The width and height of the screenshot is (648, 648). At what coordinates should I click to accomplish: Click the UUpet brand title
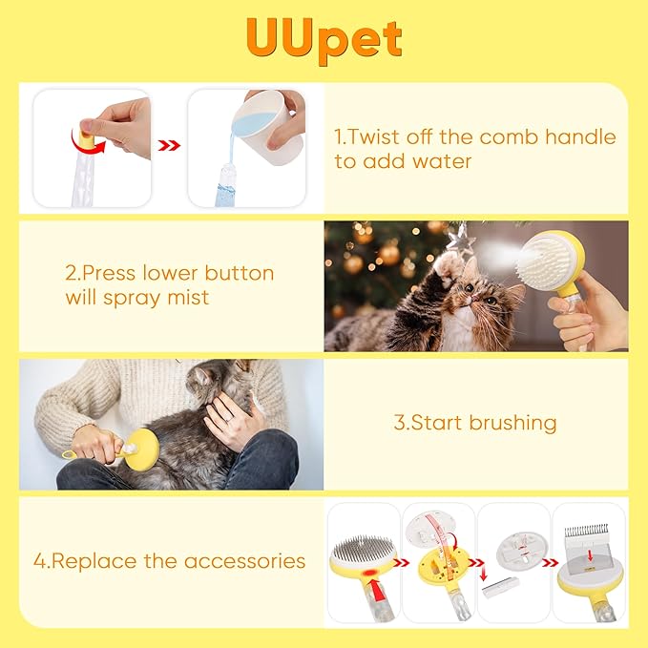324,37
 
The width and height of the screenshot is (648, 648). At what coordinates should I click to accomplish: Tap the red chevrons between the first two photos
169,146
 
